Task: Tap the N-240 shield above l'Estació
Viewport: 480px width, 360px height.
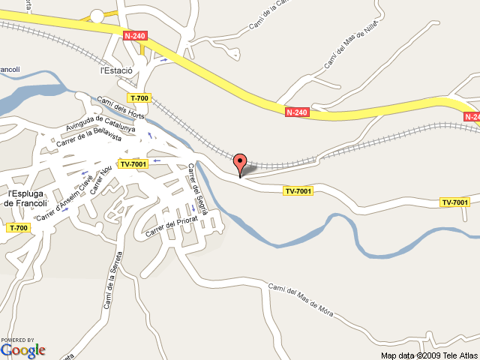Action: click(x=135, y=35)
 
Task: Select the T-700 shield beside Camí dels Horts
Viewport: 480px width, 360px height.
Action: click(x=139, y=98)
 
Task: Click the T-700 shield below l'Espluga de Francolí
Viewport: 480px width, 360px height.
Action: click(x=18, y=227)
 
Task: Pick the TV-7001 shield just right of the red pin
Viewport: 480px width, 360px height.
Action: click(x=298, y=191)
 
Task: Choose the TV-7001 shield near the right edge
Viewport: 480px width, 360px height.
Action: click(x=454, y=202)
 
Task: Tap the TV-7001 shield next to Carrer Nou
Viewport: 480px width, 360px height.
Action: click(x=133, y=164)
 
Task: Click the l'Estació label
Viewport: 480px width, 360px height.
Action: click(x=116, y=70)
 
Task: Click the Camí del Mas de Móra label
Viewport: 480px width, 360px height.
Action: click(x=300, y=298)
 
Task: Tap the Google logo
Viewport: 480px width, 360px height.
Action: click(x=23, y=349)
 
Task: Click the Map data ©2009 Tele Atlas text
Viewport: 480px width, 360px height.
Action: click(x=428, y=355)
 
